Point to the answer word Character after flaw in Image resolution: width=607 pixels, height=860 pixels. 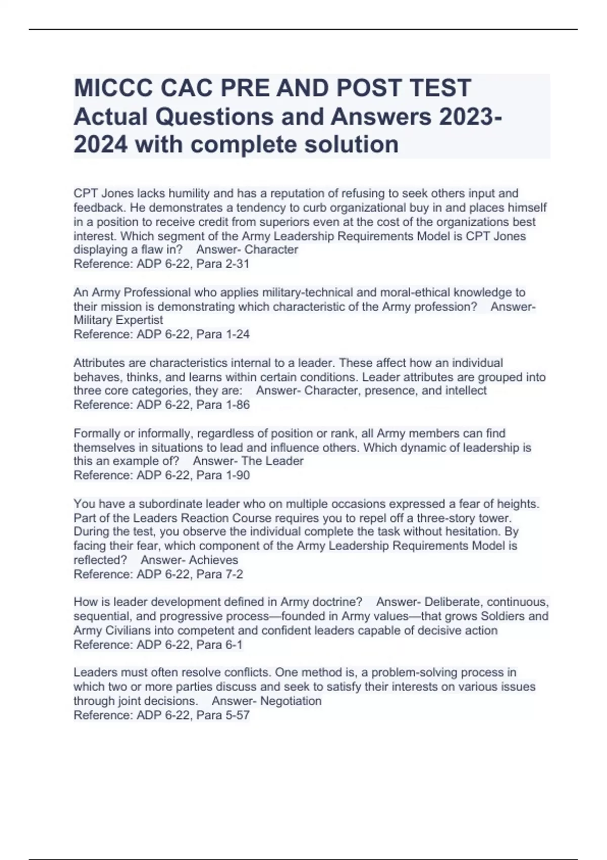coord(271,250)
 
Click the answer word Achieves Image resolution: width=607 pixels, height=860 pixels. coord(213,560)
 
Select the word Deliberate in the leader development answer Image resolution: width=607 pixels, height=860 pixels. coord(452,602)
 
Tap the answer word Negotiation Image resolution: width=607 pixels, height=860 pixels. coord(291,701)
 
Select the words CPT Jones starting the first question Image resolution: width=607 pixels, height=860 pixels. coord(100,194)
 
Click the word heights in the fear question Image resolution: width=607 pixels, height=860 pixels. coord(518,504)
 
